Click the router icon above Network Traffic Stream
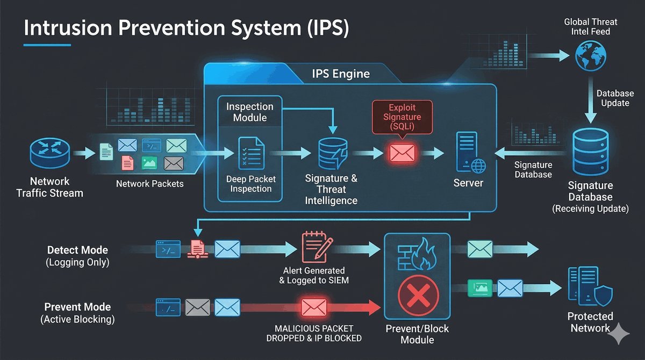tap(49, 154)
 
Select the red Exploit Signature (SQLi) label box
tap(402, 117)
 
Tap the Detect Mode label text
tap(77, 250)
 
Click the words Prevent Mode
tap(77, 307)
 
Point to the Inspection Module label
tap(249, 112)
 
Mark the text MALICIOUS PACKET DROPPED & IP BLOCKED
tap(314, 333)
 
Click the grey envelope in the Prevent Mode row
tap(197, 307)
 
